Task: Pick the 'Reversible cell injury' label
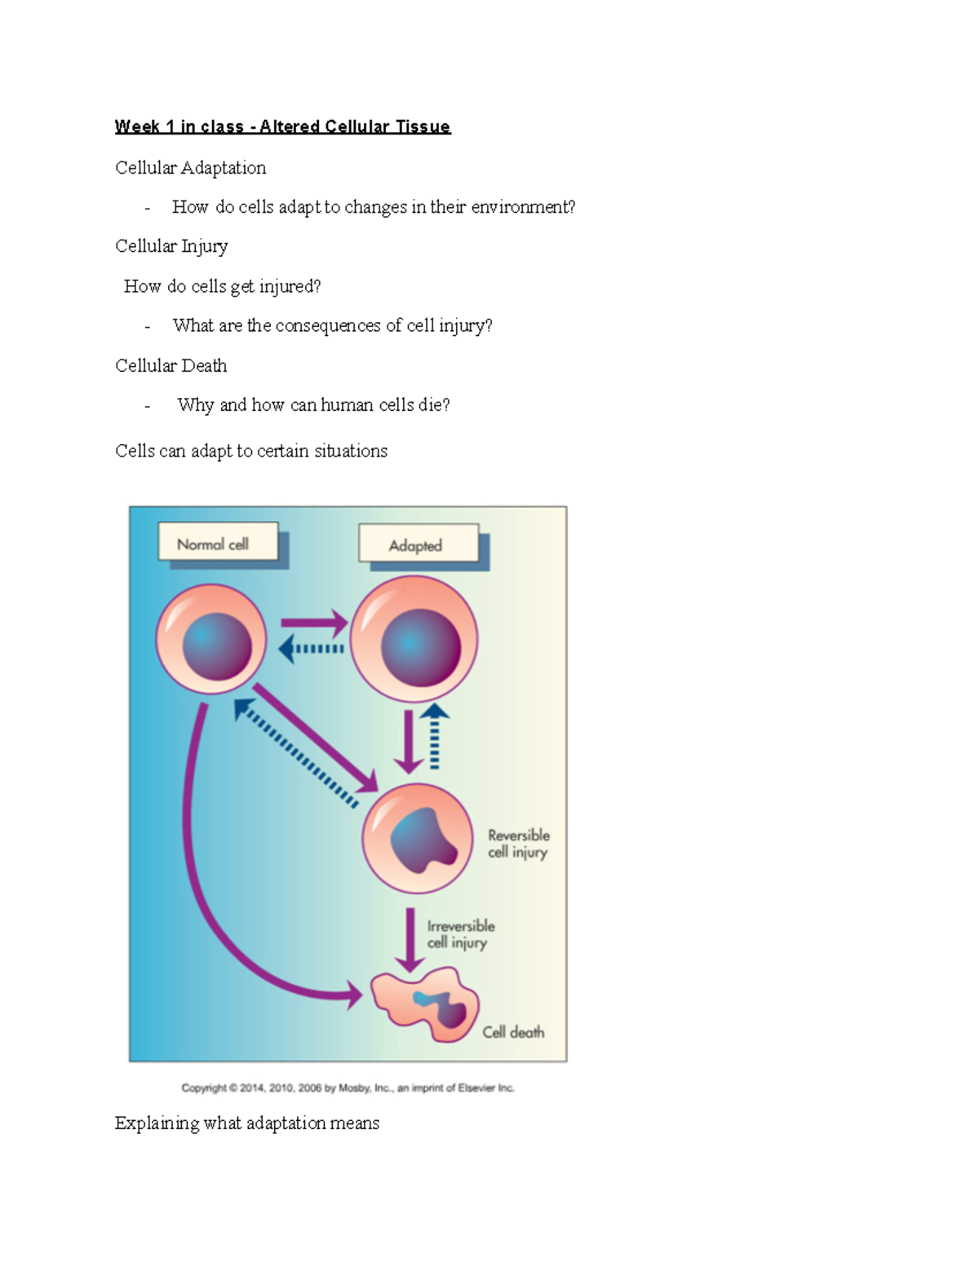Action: click(518, 844)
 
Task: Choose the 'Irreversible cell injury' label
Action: click(460, 934)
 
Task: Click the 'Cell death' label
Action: click(512, 1032)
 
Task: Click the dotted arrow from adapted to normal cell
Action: click(312, 649)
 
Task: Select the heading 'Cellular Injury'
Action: click(171, 246)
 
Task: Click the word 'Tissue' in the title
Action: click(423, 126)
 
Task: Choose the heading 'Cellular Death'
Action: click(171, 365)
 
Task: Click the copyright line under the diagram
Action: click(348, 1087)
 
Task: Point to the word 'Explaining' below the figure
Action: click(157, 1123)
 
